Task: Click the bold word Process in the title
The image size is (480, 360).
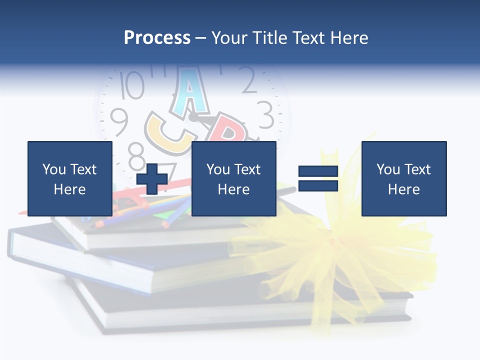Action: click(157, 37)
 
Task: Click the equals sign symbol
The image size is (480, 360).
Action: click(318, 178)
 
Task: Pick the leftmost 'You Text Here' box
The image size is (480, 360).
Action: click(70, 178)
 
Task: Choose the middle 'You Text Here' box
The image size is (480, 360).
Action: click(234, 178)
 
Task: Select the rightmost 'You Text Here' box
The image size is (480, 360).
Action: click(404, 178)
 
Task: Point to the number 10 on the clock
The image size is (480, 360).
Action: click(132, 85)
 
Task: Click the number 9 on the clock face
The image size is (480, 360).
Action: click(119, 121)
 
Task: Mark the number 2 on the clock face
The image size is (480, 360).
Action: click(248, 81)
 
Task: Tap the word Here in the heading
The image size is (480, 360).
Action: click(349, 37)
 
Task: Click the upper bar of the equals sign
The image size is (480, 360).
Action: click(318, 171)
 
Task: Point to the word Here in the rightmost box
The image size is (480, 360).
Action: click(404, 189)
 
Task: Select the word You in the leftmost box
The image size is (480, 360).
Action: click(53, 169)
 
